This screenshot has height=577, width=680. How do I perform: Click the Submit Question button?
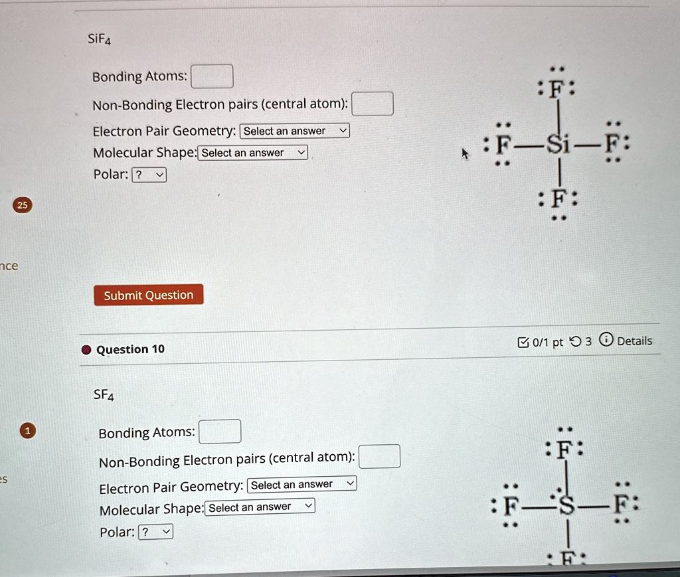(x=148, y=295)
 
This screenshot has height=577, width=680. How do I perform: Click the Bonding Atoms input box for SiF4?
(x=212, y=76)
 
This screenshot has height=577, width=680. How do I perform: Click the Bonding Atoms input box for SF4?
(x=220, y=432)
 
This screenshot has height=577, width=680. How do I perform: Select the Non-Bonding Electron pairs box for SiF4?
(x=373, y=104)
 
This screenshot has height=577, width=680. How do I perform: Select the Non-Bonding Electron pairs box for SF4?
(x=379, y=457)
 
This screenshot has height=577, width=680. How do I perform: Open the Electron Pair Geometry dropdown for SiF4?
(x=294, y=131)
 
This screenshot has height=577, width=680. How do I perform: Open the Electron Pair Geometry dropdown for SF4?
(x=301, y=485)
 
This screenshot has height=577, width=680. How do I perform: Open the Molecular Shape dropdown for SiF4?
(x=253, y=153)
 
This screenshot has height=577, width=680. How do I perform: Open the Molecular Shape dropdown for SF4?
(x=260, y=507)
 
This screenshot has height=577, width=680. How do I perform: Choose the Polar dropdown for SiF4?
(x=149, y=175)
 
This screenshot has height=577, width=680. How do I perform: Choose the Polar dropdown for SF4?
(x=156, y=532)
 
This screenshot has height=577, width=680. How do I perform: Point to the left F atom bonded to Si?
(x=504, y=145)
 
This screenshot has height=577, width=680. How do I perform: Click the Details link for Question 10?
(x=634, y=341)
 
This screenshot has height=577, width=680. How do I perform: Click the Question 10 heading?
(x=130, y=350)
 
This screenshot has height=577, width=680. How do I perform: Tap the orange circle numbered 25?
(x=23, y=205)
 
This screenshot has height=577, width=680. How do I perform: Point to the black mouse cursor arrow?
(x=465, y=154)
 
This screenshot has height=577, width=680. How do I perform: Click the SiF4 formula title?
(x=100, y=40)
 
